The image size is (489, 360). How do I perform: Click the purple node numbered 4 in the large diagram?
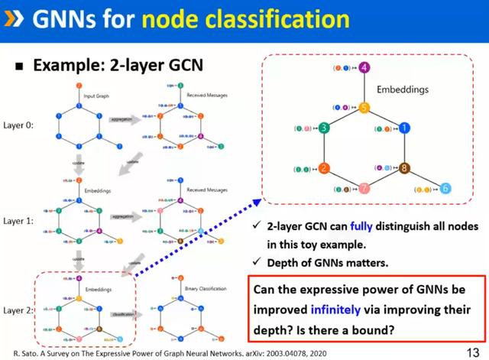pos(364,69)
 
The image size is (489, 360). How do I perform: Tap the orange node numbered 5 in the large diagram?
pos(364,108)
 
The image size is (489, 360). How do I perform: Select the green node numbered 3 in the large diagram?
pos(324,128)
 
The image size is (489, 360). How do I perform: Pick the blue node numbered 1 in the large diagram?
pos(405,128)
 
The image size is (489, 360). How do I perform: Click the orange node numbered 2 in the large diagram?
pos(324,168)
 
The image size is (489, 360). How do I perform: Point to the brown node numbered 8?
pos(405,168)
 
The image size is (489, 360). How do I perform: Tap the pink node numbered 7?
pos(364,188)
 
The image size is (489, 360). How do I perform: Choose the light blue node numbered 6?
pos(445,188)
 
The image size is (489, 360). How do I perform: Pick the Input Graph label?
pos(98,95)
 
